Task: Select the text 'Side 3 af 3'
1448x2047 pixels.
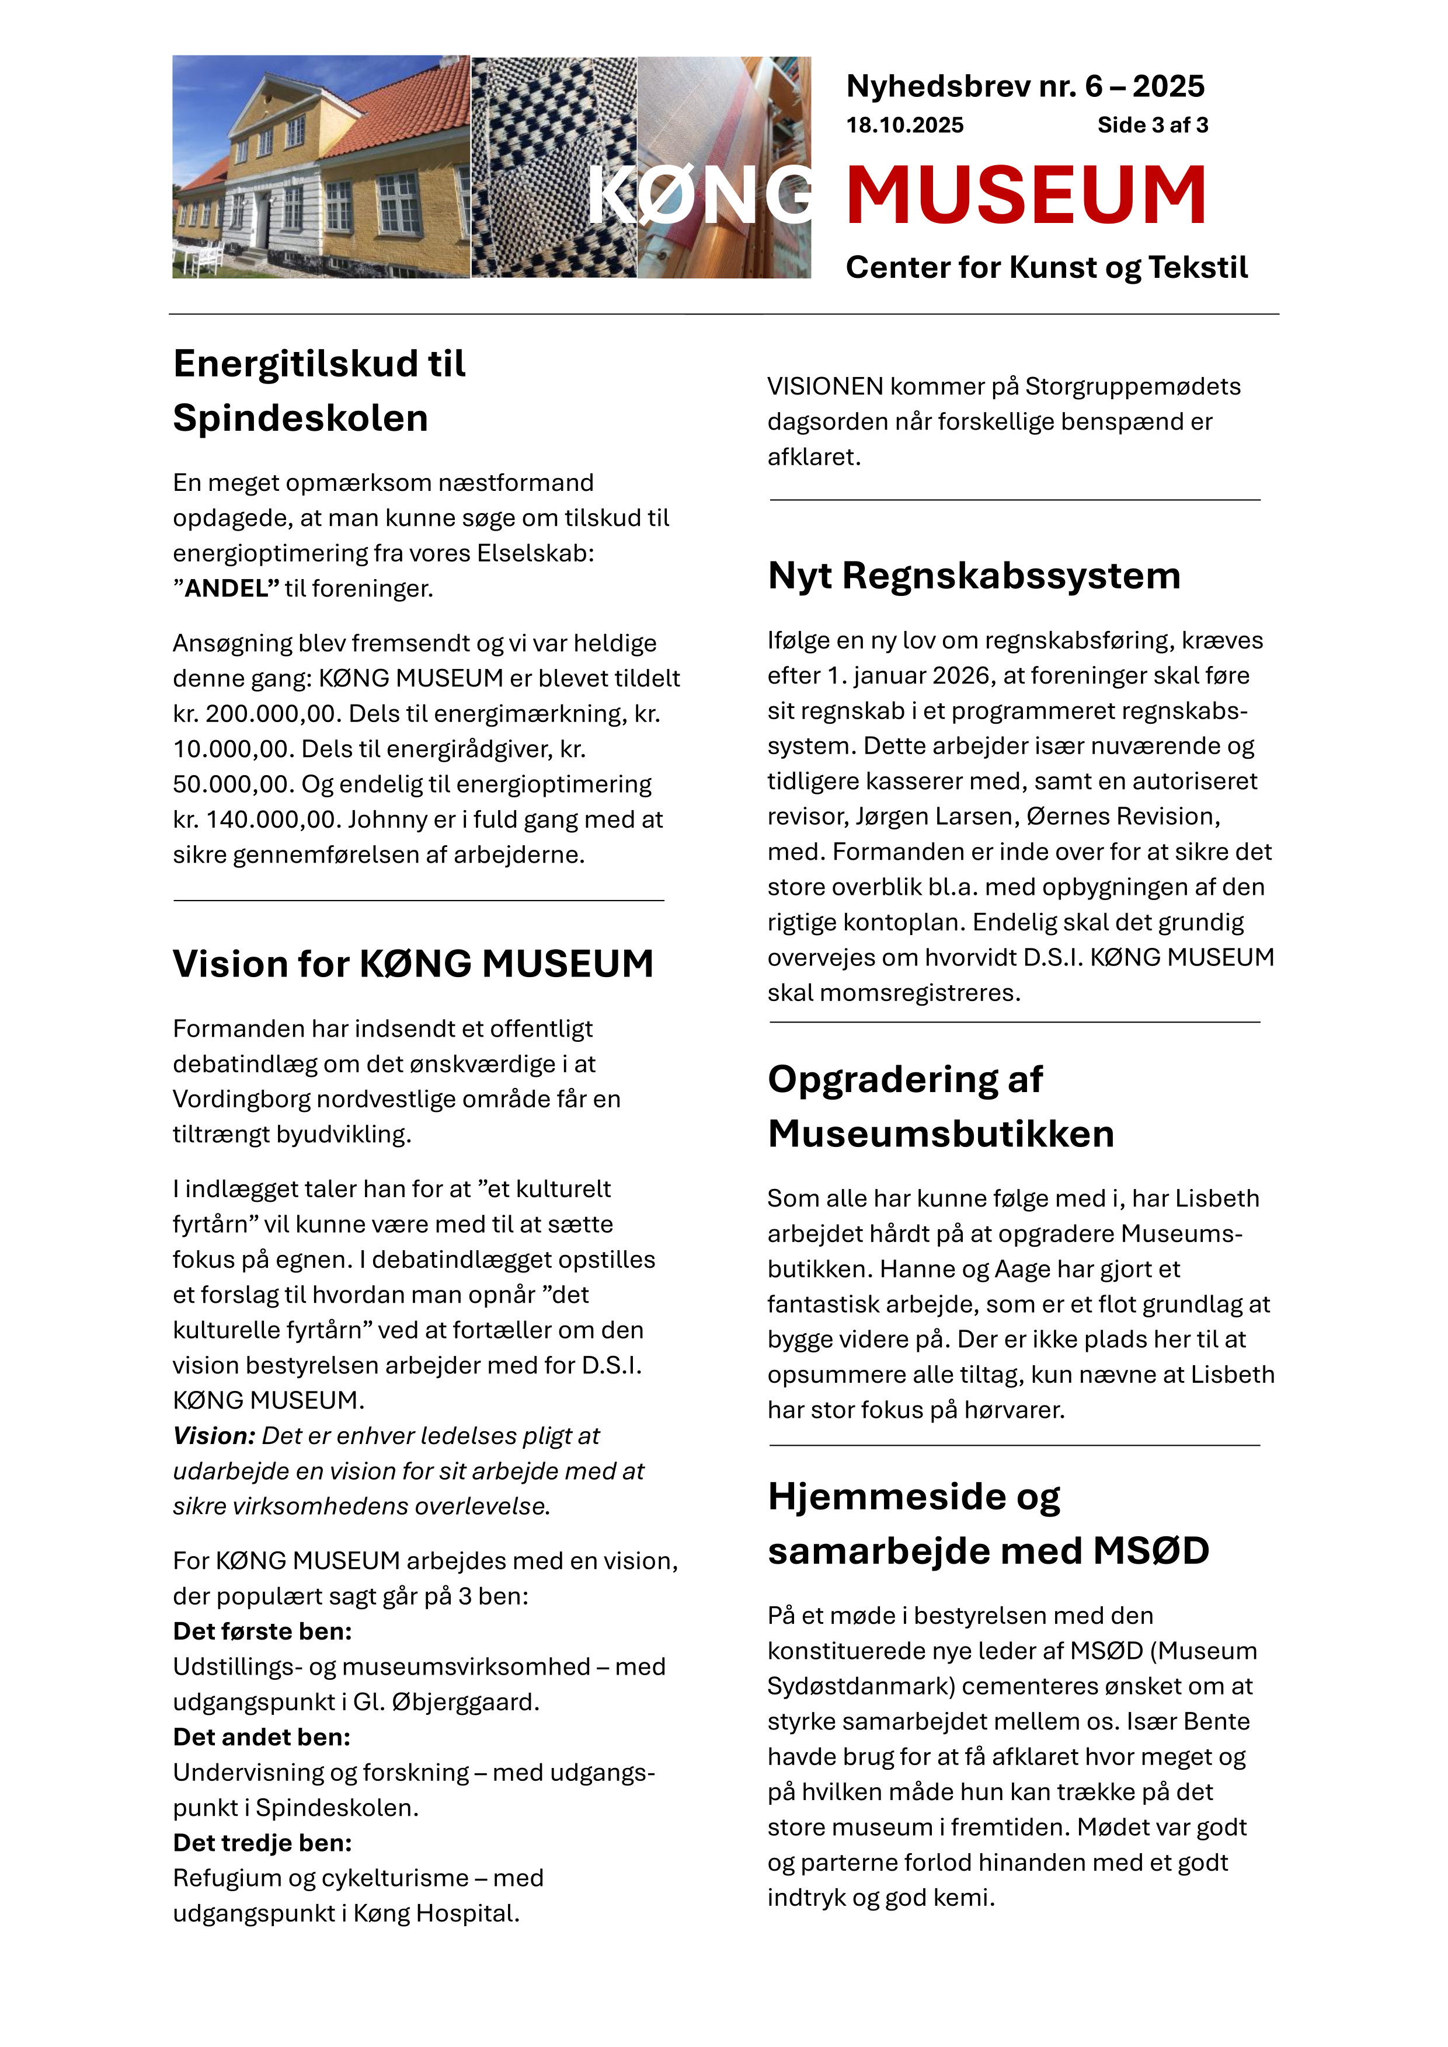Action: point(1152,125)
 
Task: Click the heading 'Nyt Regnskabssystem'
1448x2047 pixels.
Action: point(974,576)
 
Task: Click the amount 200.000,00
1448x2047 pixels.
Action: point(272,714)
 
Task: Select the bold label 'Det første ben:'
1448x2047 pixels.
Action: point(262,1631)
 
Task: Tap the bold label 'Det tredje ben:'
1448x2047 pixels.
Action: point(262,1843)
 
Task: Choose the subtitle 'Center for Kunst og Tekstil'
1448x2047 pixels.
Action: point(1046,267)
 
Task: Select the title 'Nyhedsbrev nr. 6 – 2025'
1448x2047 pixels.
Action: point(1025,86)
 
